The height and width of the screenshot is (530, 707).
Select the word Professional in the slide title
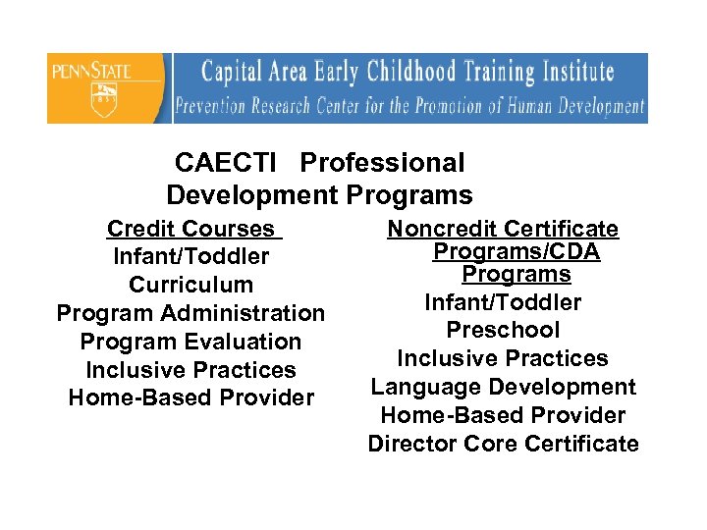pos(382,163)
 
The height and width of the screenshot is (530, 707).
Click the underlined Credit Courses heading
pos(191,230)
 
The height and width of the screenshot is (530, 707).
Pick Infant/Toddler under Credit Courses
pos(191,257)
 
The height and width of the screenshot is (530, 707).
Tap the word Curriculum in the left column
pos(191,286)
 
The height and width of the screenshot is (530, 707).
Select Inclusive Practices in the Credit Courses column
pos(191,371)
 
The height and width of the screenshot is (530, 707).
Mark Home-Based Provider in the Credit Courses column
pos(191,398)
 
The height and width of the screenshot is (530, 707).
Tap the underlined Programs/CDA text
pos(517,252)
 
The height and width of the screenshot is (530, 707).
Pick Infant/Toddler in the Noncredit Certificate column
pos(503,303)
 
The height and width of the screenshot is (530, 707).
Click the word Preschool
pos(503,331)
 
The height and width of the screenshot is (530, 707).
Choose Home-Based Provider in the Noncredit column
pos(503,416)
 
